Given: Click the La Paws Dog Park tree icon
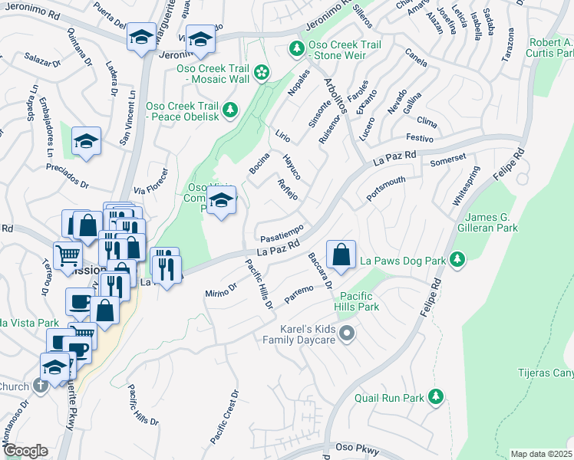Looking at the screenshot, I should (457, 261).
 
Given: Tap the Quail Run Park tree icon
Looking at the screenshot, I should (436, 397).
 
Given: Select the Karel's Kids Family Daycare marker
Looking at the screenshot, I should (347, 333).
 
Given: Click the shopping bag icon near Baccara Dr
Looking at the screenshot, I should (341, 254).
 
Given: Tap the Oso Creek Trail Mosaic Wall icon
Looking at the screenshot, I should (262, 73).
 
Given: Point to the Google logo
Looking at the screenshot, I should (25, 450).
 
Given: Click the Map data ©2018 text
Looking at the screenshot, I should (540, 454).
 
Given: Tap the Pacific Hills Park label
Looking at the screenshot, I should (358, 301).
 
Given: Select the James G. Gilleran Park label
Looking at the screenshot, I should (492, 222).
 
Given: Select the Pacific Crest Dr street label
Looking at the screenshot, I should (225, 417).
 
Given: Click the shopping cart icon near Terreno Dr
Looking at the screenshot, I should (68, 255).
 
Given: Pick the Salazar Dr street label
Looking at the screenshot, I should (42, 58).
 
